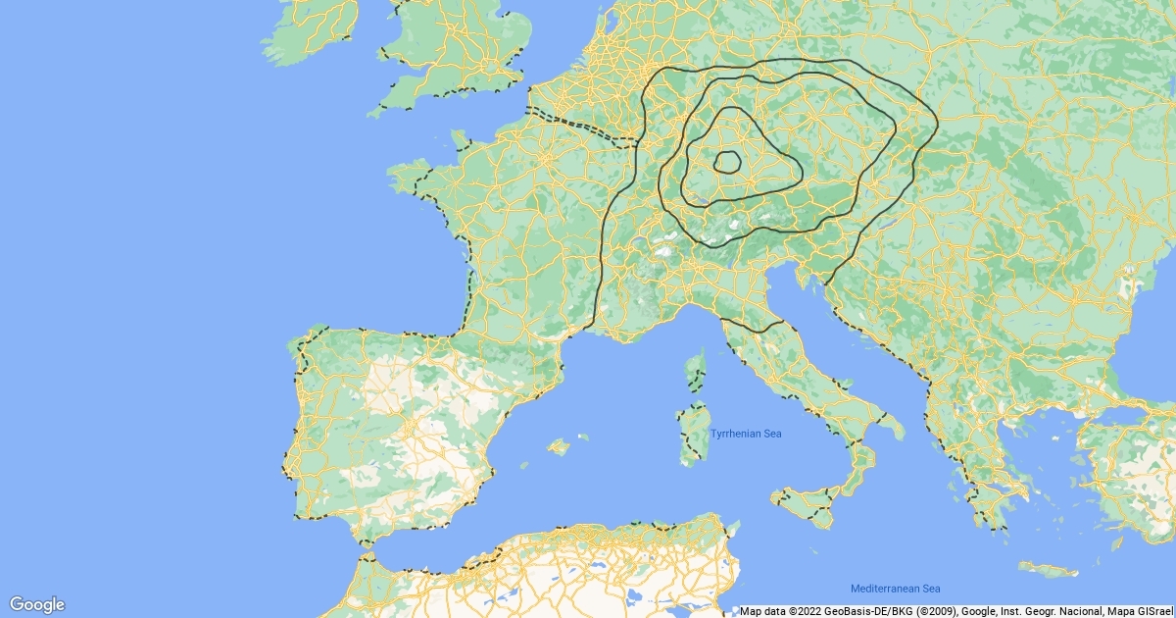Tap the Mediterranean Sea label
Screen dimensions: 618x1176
click(x=895, y=589)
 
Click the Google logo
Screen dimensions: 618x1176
click(x=36, y=604)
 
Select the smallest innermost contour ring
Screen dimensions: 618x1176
click(x=727, y=163)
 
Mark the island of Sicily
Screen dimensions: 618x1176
click(x=808, y=502)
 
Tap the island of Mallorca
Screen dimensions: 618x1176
click(x=558, y=447)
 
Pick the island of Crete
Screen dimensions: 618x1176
click(x=1047, y=570)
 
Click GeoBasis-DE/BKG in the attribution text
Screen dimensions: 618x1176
click(x=861, y=611)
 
